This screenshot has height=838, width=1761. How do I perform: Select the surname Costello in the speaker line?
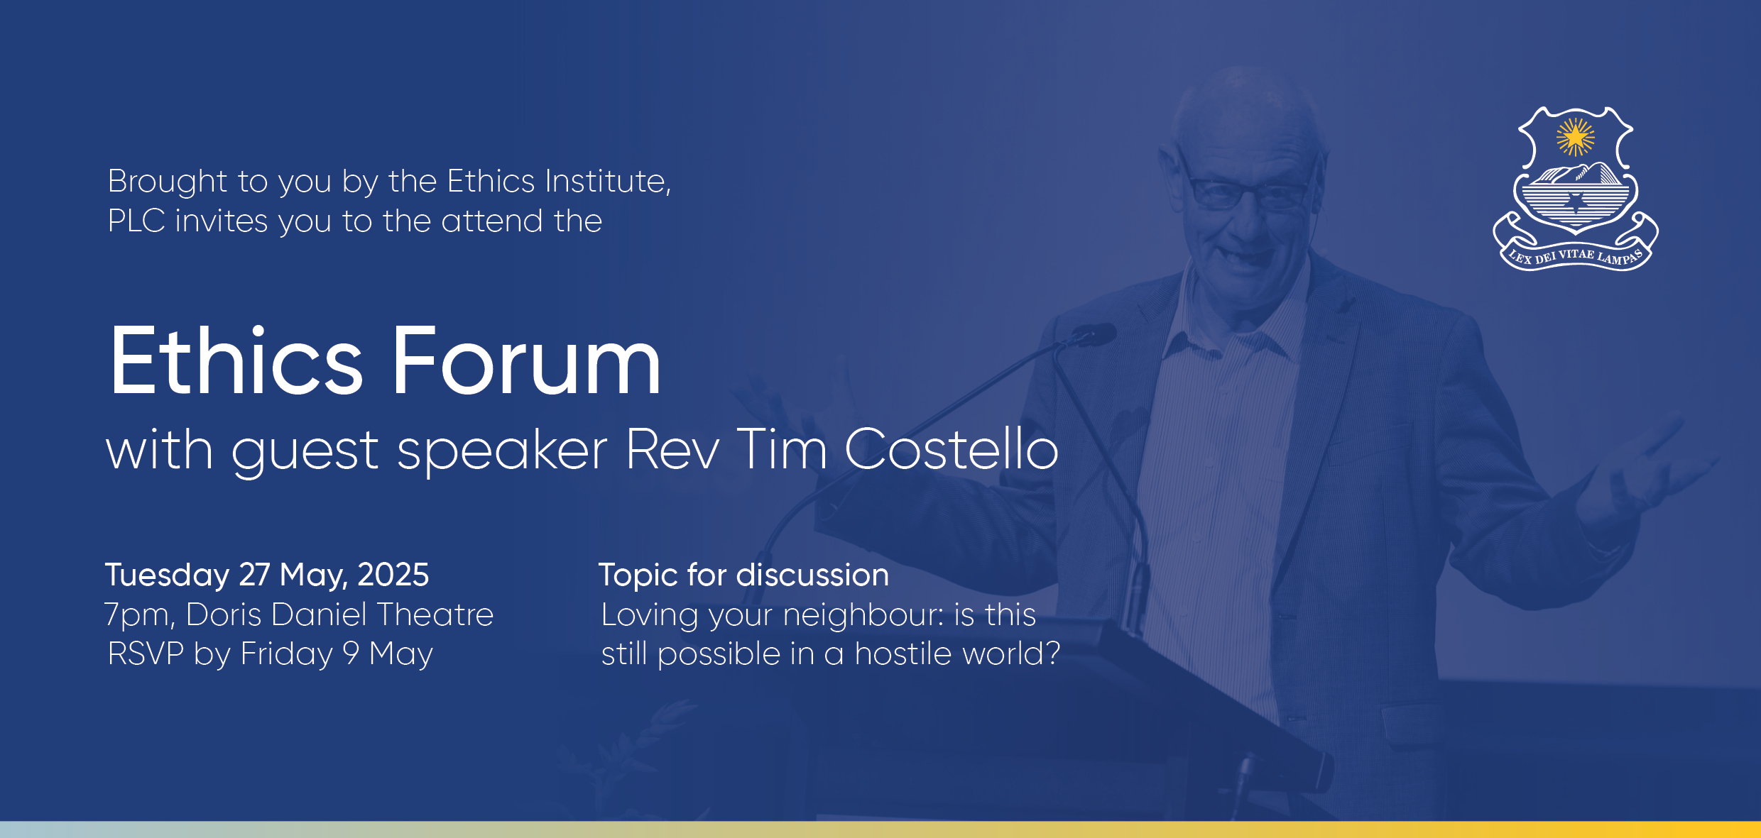(952, 449)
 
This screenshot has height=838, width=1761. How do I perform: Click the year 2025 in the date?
(393, 575)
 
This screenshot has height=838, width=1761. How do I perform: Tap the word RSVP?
(146, 654)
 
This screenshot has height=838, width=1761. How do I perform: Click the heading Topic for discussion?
(743, 575)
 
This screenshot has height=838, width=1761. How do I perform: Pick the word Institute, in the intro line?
(609, 181)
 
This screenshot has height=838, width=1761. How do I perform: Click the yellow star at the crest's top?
(1575, 137)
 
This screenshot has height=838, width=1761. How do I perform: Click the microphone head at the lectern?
(1094, 333)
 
